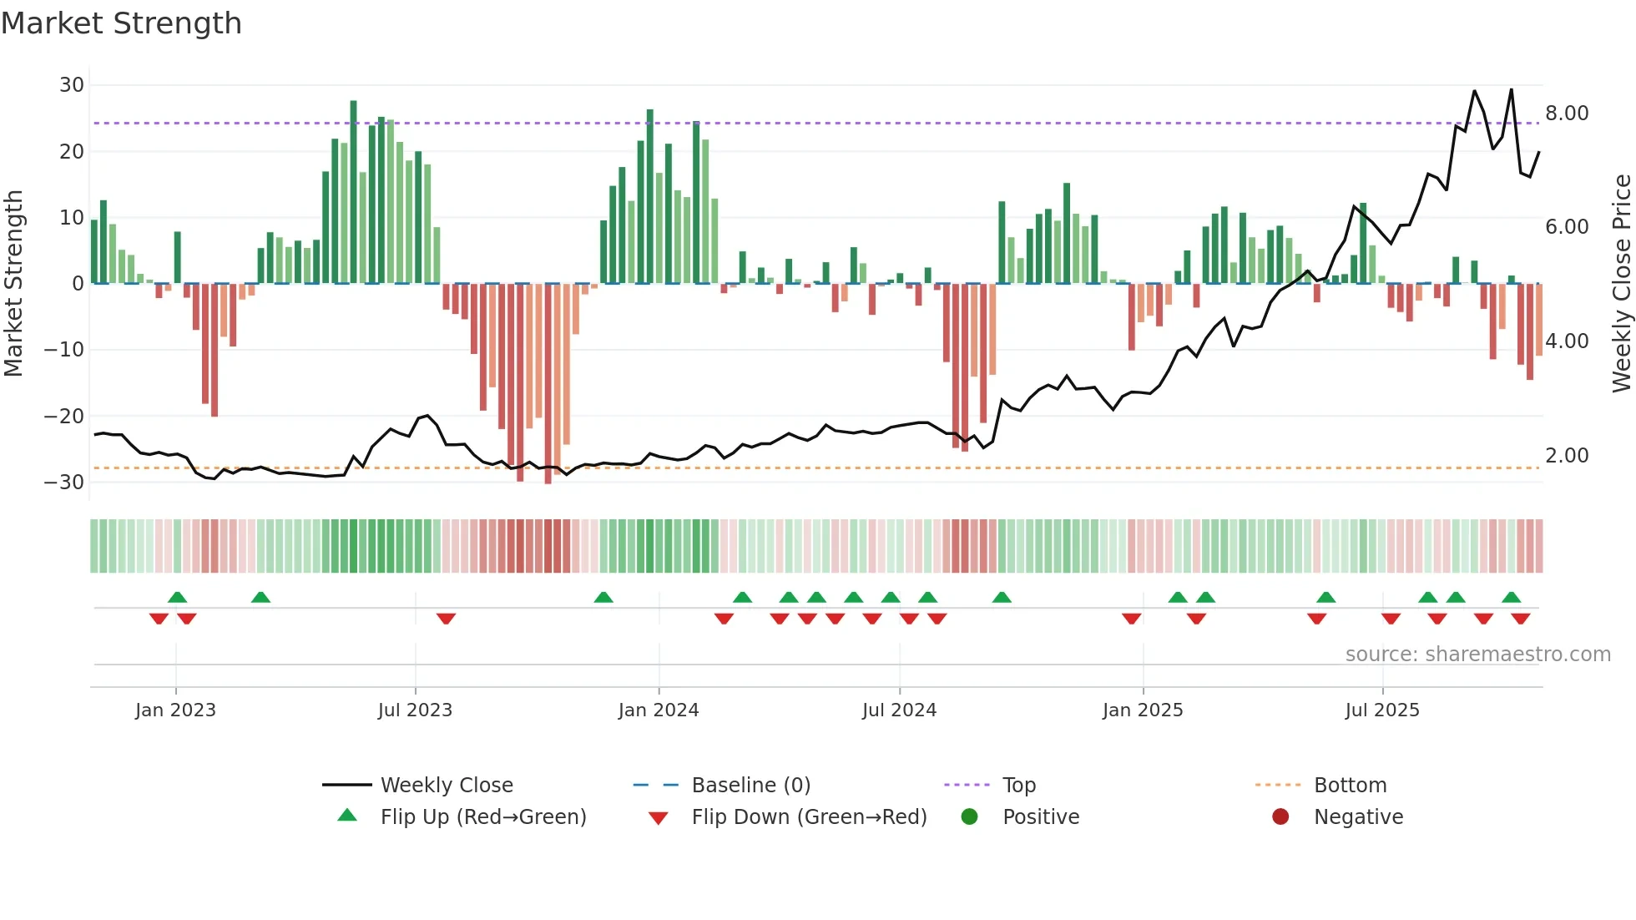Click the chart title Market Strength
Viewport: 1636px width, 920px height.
point(121,23)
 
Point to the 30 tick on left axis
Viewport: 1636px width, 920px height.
point(72,85)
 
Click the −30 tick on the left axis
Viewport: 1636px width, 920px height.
point(65,483)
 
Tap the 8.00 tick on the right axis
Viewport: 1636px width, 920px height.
point(1567,114)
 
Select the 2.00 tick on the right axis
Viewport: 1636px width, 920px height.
point(1567,456)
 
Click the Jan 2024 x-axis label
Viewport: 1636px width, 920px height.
point(659,710)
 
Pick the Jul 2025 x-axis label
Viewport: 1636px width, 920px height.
point(1382,710)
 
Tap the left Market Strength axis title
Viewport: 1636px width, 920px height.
point(13,284)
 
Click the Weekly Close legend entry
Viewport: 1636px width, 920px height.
point(447,786)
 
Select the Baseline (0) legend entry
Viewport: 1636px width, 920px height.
point(750,786)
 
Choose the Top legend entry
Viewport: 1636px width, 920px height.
point(1018,786)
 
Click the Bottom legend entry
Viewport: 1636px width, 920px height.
point(1350,786)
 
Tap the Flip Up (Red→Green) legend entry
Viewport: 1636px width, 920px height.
point(482,817)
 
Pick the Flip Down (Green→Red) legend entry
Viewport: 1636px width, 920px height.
point(809,817)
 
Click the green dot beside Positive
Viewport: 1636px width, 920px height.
point(969,816)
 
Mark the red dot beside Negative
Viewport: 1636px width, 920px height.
point(1280,816)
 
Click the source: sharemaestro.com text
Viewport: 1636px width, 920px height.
point(1477,655)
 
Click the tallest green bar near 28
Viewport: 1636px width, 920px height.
point(353,192)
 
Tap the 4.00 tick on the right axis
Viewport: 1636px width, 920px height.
point(1567,341)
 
